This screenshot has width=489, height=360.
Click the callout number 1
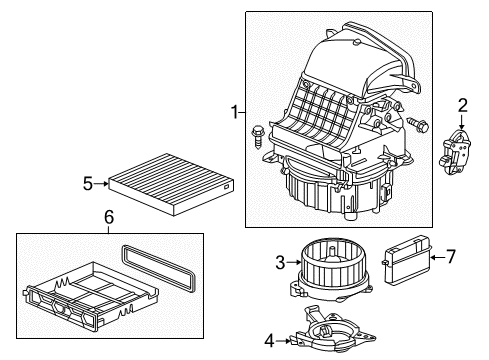coord(235,112)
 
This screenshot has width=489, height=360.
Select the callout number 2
coord(462,105)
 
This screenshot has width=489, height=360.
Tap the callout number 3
coord(280,262)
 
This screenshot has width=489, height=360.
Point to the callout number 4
coord(269,341)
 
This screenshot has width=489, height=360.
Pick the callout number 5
coord(88,184)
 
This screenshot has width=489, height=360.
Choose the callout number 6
coord(109,217)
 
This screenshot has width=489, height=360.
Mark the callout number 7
coord(451,257)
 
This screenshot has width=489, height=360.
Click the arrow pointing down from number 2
coord(462,122)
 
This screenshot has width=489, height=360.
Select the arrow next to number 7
coord(437,257)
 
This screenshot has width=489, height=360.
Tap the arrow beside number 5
coord(101,184)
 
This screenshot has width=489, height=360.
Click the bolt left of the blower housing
coord(257,136)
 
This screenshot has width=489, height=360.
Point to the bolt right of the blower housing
coord(417,124)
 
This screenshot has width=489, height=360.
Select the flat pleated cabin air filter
coord(171,184)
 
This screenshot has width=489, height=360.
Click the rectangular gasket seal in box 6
coord(159,268)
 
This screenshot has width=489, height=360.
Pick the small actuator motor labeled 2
coord(455,152)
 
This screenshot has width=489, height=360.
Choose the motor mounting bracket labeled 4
coord(332,331)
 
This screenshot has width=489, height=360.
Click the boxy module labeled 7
coord(407,260)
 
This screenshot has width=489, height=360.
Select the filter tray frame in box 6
coord(91,296)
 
